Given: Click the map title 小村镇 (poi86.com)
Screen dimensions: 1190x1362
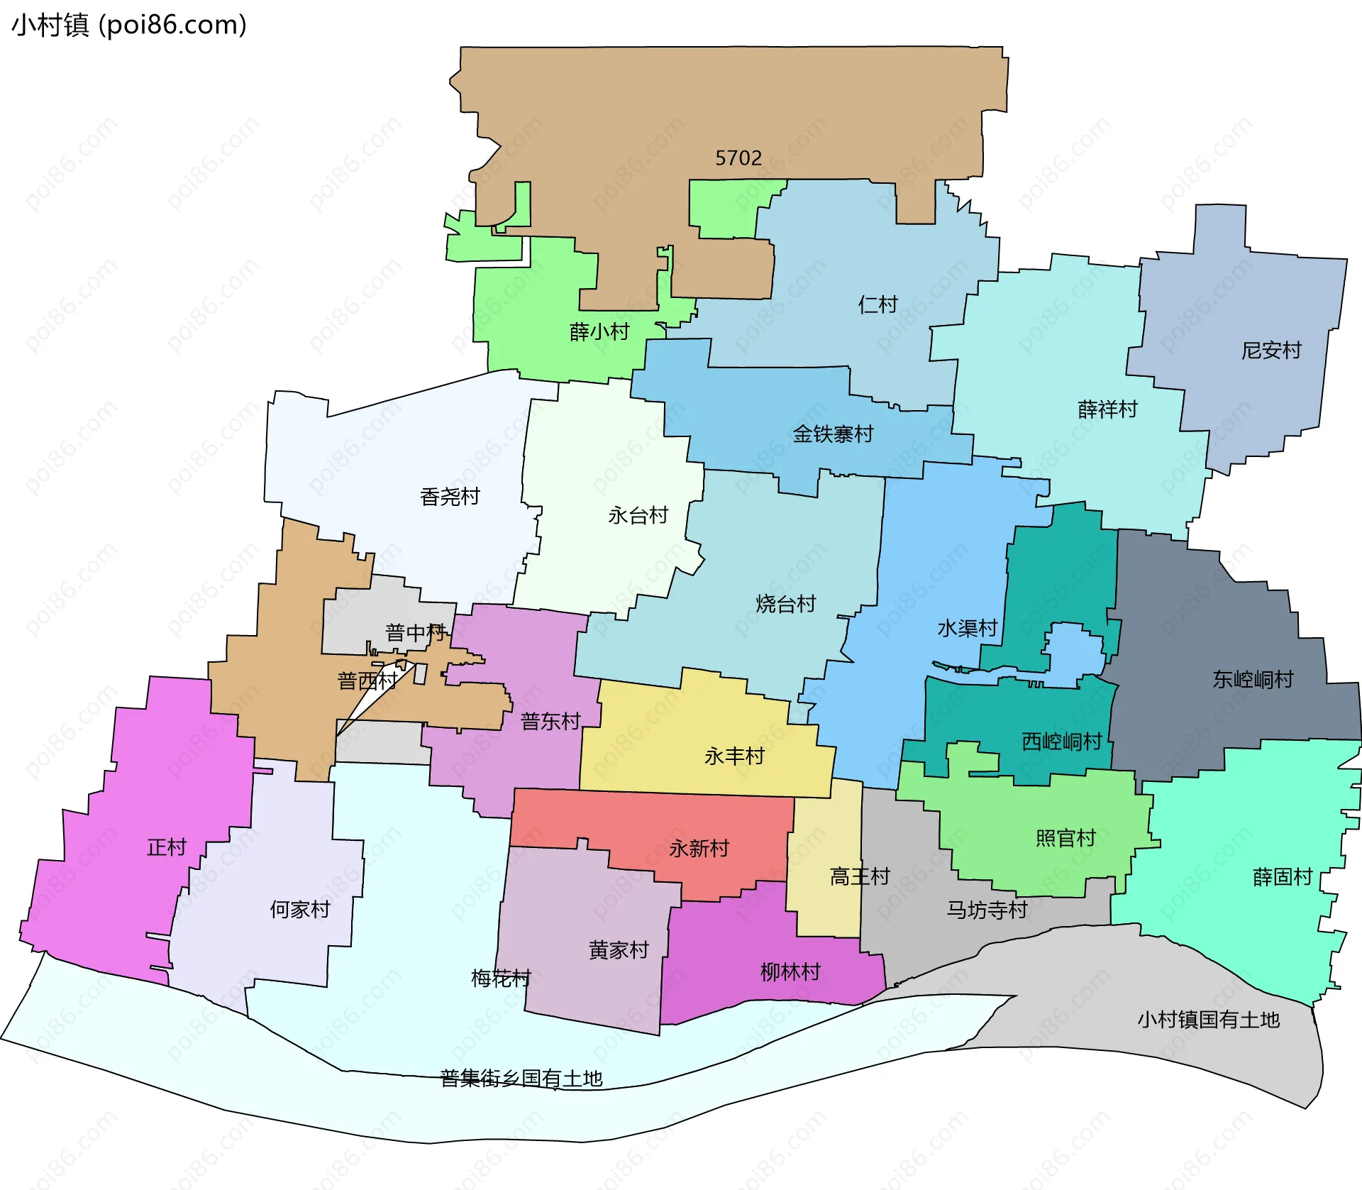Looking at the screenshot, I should coord(129,25).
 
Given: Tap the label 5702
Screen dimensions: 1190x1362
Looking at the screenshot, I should coord(738,158).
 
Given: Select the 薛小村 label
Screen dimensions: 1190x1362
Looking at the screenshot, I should coord(599,331).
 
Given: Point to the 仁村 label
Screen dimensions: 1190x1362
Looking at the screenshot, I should coord(878,304).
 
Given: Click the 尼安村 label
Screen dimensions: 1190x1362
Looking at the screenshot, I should coord(1271,350).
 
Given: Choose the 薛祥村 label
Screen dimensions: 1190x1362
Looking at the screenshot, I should coord(1107,409).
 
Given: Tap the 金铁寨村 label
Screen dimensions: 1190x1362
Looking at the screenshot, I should coord(833,434).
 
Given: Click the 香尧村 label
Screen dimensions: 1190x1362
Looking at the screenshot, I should coord(450,496).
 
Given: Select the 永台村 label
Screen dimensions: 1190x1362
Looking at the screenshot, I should coord(638,515).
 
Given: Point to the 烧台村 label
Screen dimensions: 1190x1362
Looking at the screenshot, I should coord(786,604).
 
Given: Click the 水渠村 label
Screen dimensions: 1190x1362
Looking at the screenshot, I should coord(968,628).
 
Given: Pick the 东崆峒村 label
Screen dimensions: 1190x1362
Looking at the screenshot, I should coord(1253,679).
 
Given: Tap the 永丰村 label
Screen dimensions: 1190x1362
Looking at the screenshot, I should coord(734,756).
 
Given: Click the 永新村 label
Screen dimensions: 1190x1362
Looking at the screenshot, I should coord(699,848).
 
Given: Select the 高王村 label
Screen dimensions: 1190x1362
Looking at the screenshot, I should coord(860,876).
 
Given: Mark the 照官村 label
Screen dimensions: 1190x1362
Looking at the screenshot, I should coord(1065,838).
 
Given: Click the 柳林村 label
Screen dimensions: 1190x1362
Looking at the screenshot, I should coord(790,971).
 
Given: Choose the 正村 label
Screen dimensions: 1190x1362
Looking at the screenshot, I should coord(167,847).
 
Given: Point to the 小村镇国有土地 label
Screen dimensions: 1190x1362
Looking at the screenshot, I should coord(1209,1020).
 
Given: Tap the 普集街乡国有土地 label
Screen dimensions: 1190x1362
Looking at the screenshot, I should coord(521,1079).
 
